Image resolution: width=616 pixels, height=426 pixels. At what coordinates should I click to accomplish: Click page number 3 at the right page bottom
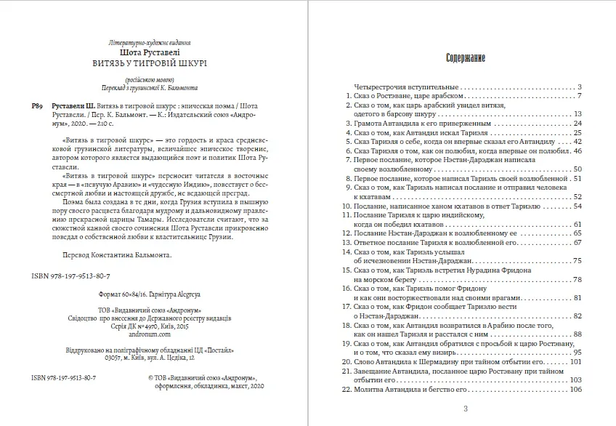click(465, 409)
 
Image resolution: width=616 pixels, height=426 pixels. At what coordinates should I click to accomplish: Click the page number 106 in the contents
click(577, 390)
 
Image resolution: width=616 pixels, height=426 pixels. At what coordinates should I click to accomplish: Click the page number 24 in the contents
click(578, 124)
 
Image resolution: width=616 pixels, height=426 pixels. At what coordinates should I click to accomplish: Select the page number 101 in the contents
click(577, 361)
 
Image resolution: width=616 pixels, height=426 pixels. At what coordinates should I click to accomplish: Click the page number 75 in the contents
click(578, 260)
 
